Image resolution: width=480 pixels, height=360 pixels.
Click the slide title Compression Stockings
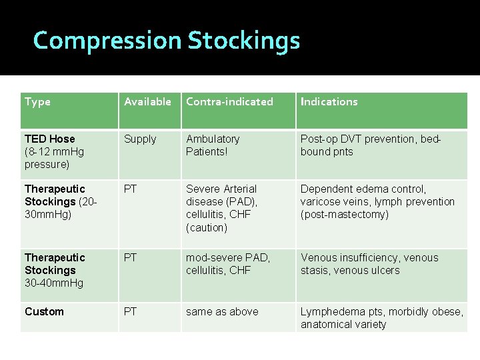click(x=167, y=41)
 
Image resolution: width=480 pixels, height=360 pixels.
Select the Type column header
click(x=38, y=102)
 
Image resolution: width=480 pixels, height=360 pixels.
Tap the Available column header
click(x=147, y=102)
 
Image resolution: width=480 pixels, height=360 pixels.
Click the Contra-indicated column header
click(x=229, y=102)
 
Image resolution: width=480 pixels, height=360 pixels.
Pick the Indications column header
click(x=329, y=102)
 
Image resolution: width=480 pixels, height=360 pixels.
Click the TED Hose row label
click(x=50, y=139)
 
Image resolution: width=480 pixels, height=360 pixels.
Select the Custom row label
click(x=44, y=311)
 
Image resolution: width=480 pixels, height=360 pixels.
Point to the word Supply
click(x=140, y=139)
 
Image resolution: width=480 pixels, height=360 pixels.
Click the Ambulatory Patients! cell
click(x=213, y=145)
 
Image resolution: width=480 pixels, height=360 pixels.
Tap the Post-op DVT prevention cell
click(x=370, y=145)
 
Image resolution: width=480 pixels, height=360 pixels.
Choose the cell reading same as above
click(x=222, y=311)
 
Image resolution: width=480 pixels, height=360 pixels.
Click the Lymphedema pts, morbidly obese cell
click(x=381, y=318)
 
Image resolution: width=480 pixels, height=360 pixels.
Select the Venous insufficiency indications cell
click(x=369, y=264)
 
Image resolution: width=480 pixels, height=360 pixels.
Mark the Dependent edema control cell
click(x=377, y=201)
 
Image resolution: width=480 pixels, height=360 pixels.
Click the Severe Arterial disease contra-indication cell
click(x=221, y=207)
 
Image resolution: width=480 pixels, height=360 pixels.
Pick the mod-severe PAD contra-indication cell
click(x=228, y=264)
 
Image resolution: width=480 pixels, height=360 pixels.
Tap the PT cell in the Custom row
click(x=131, y=311)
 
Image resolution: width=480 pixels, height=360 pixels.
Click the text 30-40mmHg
click(x=54, y=283)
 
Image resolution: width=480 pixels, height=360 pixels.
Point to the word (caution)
click(x=207, y=227)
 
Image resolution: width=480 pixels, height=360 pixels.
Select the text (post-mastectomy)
click(x=344, y=214)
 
